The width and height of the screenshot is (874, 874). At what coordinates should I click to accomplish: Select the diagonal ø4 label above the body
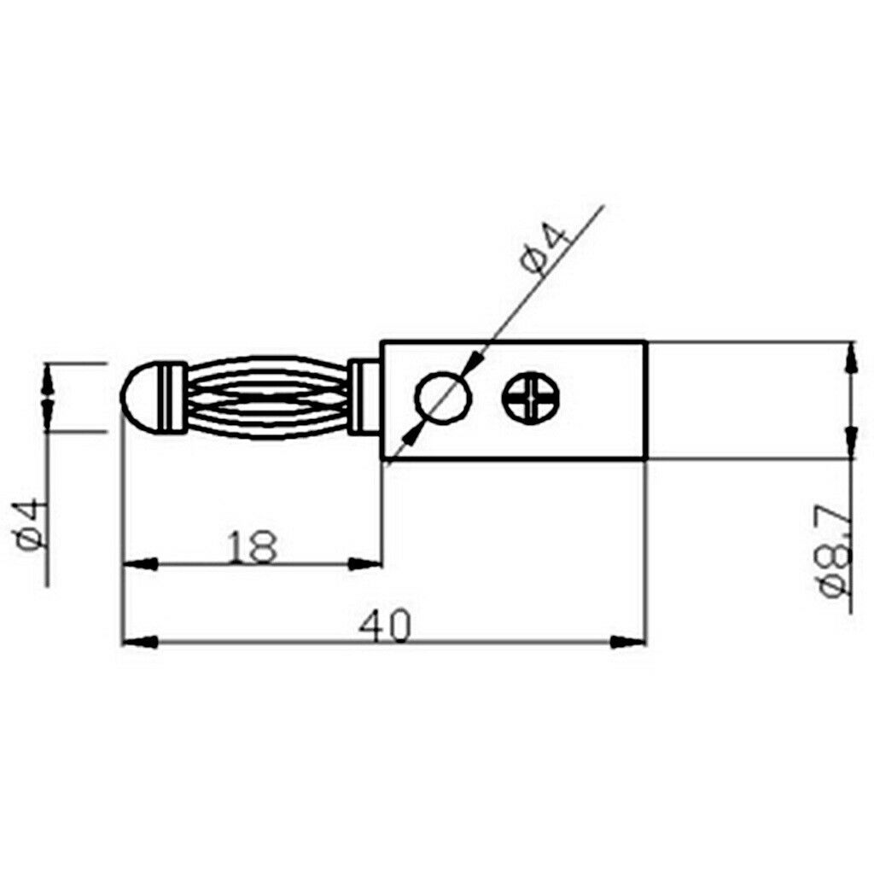(x=546, y=248)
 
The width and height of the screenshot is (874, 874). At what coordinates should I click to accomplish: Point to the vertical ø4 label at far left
(x=28, y=524)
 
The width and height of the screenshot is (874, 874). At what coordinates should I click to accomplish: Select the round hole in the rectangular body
(x=444, y=398)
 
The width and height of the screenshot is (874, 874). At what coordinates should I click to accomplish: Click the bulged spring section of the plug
(x=268, y=398)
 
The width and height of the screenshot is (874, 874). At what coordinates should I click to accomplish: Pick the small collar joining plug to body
(x=365, y=397)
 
